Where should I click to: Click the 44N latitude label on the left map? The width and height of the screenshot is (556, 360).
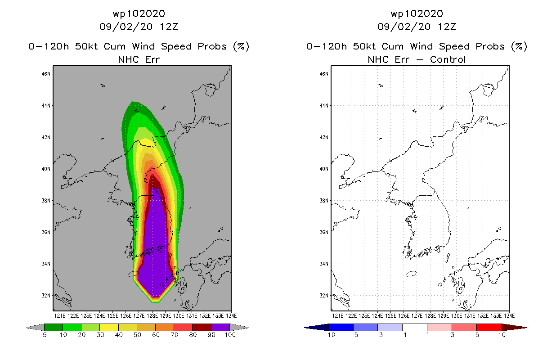point(46,105)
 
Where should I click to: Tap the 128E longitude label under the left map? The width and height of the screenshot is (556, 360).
point(152,316)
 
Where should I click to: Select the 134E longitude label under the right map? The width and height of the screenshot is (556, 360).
point(509,316)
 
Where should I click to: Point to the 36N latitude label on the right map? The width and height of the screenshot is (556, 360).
point(324,232)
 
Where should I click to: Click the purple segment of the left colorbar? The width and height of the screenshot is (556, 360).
point(220,327)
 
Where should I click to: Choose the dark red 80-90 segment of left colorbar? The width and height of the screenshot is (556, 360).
point(202,327)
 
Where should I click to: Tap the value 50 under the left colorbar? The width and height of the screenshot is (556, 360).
point(137,335)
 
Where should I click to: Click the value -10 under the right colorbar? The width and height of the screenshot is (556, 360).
point(329,335)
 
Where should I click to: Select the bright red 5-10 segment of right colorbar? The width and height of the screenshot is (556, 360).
point(489,327)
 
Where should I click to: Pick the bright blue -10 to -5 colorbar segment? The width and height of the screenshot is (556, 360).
point(341,327)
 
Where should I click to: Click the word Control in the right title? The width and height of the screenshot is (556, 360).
point(448,60)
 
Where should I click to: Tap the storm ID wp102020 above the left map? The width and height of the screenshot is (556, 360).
point(139,14)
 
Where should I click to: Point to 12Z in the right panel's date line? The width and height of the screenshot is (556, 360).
point(447,27)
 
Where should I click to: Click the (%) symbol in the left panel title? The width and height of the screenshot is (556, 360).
point(241,46)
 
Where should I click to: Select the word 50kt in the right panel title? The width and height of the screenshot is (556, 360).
point(364,46)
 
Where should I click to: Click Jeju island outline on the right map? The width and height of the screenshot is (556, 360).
point(411,274)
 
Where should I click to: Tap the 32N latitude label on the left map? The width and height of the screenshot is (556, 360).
point(46,296)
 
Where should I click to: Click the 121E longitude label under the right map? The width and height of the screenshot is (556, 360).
point(337,316)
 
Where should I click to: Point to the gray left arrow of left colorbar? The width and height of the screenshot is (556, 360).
point(35,328)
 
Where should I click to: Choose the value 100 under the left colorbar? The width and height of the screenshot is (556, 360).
point(230,335)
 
